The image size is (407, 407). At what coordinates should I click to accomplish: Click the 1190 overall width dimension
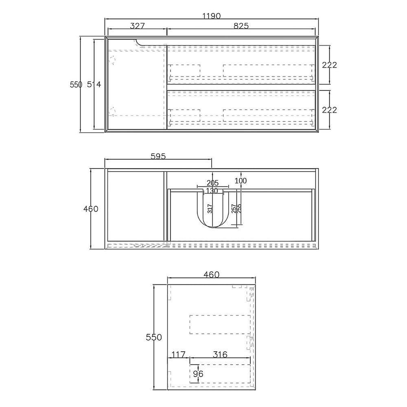[212, 16]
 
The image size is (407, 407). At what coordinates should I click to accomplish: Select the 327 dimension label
[137, 26]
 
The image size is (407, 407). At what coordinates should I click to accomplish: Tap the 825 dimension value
[241, 26]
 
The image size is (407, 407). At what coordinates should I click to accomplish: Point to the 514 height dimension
[94, 84]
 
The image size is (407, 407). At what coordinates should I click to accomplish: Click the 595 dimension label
[158, 156]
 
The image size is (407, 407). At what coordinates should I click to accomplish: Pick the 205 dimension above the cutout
[212, 183]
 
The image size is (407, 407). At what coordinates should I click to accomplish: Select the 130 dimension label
[212, 191]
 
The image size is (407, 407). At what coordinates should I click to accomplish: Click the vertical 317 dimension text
[210, 209]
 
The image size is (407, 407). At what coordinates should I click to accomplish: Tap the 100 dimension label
[241, 181]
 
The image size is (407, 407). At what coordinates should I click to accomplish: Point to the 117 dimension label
[178, 354]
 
